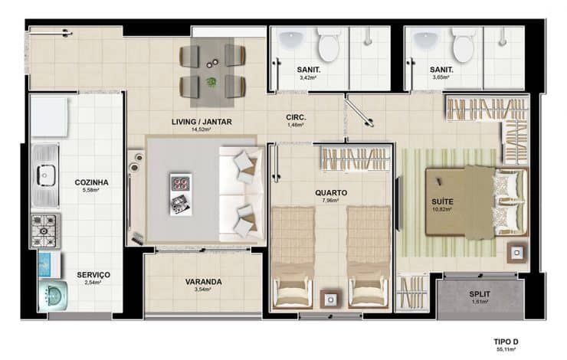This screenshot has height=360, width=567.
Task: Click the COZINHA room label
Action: [x=91, y=182]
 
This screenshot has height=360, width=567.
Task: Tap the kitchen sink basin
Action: [x=44, y=175]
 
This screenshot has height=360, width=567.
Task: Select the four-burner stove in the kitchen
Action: [x=45, y=231]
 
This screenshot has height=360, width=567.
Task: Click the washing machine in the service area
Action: [x=53, y=296]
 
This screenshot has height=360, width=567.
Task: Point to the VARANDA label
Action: [x=203, y=282]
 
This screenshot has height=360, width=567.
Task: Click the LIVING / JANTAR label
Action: [x=202, y=122]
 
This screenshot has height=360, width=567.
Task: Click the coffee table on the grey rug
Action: [x=181, y=195]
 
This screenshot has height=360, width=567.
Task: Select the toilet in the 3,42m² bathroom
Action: [x=329, y=45]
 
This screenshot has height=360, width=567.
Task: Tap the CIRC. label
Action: [x=297, y=117]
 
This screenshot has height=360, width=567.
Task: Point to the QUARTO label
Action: [x=331, y=193]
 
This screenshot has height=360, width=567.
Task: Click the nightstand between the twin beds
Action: [x=330, y=299]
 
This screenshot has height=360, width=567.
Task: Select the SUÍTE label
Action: [x=442, y=201]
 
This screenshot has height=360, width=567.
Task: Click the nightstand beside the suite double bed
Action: [x=516, y=253]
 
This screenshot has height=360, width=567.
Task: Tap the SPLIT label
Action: [x=480, y=294]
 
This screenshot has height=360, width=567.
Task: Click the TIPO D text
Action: [x=506, y=342]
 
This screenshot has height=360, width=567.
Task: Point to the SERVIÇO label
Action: [x=93, y=275]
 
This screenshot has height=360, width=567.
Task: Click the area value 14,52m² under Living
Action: [x=202, y=129]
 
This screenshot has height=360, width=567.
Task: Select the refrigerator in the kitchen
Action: [x=49, y=116]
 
